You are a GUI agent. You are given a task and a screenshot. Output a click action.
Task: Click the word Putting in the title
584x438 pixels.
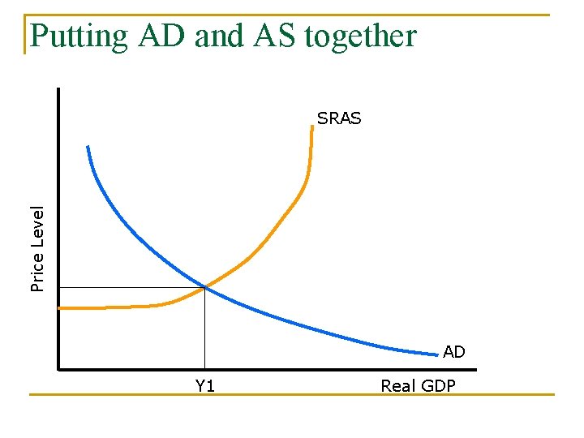pos(78,36)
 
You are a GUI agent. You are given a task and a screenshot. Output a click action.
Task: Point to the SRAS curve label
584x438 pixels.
pos(339,118)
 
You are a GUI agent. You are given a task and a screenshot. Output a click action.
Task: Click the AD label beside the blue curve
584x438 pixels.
pos(454,352)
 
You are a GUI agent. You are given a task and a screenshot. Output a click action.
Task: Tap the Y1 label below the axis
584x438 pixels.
pos(205,386)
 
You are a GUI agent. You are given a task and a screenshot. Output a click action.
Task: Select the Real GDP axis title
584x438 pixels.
pos(418,386)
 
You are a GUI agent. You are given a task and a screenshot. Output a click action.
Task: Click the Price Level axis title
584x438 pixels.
pos(37,248)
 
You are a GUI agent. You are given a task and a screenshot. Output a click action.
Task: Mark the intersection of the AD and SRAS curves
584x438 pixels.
pos(205,286)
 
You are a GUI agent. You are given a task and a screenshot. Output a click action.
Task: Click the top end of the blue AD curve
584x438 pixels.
pos(88,147)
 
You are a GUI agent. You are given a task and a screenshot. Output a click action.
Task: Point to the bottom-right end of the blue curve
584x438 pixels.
pos(436,354)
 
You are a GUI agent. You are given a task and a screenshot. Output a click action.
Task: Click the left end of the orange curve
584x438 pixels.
pos(61,308)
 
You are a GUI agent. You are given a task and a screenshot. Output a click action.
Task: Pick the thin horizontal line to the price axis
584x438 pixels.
pos(130,287)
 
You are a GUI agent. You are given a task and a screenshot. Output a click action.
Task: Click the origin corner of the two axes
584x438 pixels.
pos(59,369)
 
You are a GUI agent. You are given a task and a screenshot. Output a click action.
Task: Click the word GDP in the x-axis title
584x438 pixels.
pos(438,386)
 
